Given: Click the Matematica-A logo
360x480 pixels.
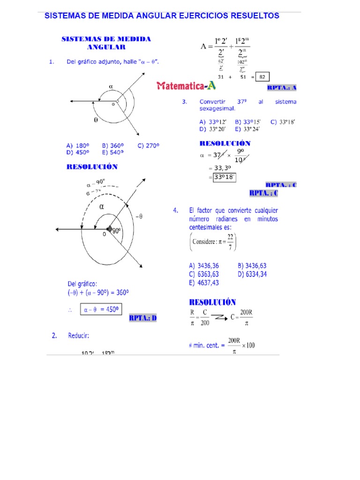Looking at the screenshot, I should tap(187, 85).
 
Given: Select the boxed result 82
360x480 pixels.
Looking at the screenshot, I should tap(263, 77).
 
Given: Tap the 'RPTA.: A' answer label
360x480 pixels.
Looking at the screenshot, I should tap(282, 88).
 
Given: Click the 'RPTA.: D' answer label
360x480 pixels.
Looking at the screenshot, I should tap(143, 318).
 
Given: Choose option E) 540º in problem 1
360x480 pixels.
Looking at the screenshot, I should tap(112, 152).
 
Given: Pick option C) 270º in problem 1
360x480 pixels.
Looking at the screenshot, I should tap(149, 145).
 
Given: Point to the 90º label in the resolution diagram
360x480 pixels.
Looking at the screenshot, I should tap(116, 230).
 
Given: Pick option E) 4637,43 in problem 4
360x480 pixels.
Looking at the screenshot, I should tap(204, 283).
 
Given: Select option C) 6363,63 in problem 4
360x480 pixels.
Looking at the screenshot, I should tap(204, 274).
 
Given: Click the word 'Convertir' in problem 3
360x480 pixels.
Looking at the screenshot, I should tap(212, 102).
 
